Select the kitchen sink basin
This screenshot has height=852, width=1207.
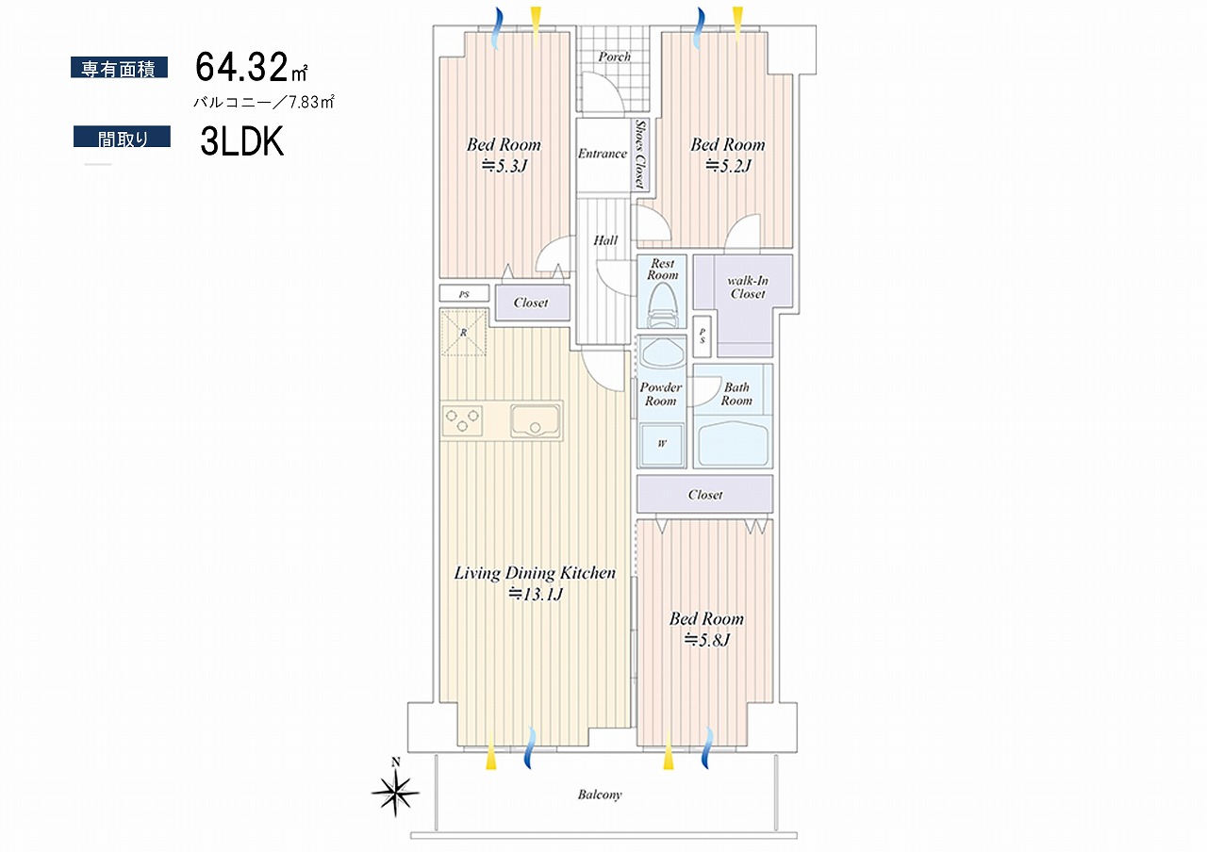coord(534,421)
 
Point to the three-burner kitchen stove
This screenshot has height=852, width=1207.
coord(462,420)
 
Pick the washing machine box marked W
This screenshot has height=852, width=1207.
coord(662,444)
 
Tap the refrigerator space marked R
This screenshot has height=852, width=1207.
coord(463,333)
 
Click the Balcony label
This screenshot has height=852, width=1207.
coord(600,795)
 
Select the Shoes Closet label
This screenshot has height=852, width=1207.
coord(639,154)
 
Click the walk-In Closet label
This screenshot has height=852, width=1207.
coord(748,287)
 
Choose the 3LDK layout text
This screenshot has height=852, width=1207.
coord(242,141)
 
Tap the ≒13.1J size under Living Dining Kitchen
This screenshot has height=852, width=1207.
coord(536,594)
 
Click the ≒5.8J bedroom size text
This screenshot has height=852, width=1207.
coord(706,640)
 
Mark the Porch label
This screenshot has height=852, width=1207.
coord(614,57)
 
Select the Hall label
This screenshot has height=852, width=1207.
coord(605,240)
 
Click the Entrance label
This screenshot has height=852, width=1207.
coord(603,154)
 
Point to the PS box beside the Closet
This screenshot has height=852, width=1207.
coord(464,293)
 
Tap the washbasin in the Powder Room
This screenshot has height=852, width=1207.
coord(661,353)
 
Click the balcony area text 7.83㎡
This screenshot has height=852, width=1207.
coord(311,103)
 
